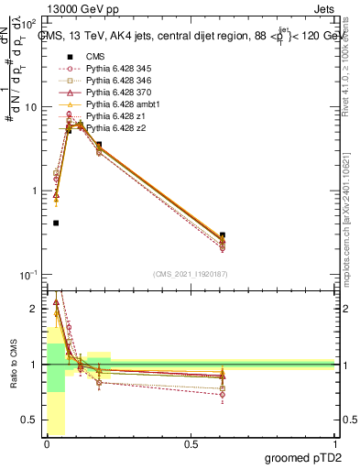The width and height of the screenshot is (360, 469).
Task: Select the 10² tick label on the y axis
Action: click(x=30, y=23)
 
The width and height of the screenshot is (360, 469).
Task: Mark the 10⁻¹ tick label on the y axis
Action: click(x=30, y=276)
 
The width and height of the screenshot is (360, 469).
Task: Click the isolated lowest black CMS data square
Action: click(x=56, y=223)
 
